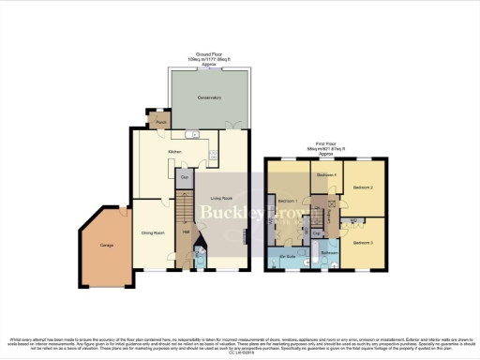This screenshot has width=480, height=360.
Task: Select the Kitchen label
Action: [x=174, y=150]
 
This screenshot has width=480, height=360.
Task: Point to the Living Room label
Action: [x=221, y=198]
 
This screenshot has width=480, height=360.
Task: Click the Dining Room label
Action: [x=153, y=232]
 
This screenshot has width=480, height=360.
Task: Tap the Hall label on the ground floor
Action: [x=186, y=232]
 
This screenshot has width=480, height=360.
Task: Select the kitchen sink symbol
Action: [x=192, y=133]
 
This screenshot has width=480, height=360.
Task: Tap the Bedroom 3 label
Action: [x=365, y=243]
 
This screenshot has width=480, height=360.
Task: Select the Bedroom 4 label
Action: [x=325, y=175]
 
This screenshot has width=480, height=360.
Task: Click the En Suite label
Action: [x=287, y=254]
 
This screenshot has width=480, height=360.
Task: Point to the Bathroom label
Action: [x=327, y=252]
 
